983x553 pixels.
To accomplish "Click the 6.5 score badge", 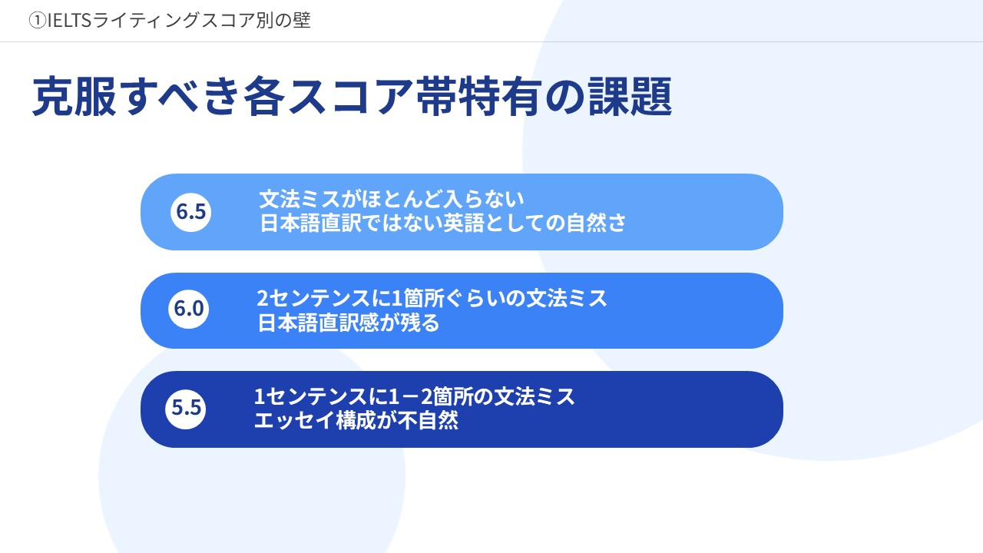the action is click(x=190, y=211).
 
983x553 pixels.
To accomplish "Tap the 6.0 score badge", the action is click(x=188, y=309).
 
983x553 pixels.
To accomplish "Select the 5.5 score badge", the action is click(x=186, y=408).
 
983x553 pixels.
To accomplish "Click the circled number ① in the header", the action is click(x=38, y=21).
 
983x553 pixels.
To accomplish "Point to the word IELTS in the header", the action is click(x=69, y=21).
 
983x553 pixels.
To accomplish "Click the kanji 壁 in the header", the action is click(x=302, y=21).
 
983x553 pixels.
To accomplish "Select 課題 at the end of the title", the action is click(x=631, y=97).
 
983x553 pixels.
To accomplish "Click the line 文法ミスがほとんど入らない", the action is click(x=392, y=199).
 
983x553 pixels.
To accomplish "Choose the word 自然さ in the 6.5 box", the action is click(x=597, y=223).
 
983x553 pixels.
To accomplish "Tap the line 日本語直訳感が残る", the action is click(x=349, y=323).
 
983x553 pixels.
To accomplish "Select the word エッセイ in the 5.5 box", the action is click(x=294, y=421).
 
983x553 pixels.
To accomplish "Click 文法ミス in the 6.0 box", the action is click(x=567, y=299).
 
